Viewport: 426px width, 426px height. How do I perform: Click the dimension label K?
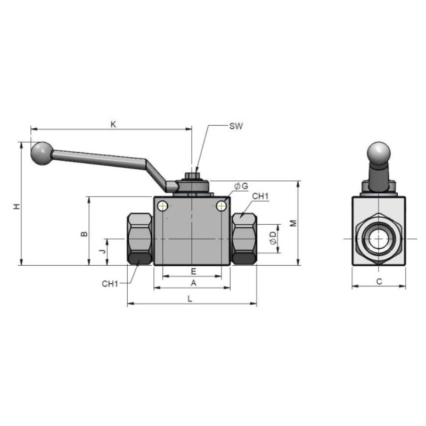click(113, 125)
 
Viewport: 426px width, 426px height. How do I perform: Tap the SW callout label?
click(236, 126)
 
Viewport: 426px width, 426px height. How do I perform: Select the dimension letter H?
click(17, 206)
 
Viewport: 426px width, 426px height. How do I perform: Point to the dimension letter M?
click(293, 223)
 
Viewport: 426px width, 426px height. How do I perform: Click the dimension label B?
click(85, 234)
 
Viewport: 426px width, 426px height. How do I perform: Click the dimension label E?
click(193, 271)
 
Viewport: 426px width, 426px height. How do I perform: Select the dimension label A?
click(193, 283)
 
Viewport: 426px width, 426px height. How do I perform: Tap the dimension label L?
click(190, 299)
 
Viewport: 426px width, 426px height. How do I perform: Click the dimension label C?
click(379, 282)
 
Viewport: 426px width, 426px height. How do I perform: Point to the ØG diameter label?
click(241, 186)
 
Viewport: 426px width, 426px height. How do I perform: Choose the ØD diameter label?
click(273, 238)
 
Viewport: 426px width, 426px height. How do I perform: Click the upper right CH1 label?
click(260, 196)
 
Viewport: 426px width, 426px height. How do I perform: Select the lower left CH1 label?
click(110, 284)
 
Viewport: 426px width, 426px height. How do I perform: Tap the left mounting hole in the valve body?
click(163, 206)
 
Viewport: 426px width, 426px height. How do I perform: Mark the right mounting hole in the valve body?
click(222, 206)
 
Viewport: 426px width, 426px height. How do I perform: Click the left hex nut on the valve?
click(140, 239)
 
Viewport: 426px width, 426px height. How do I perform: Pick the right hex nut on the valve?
click(244, 239)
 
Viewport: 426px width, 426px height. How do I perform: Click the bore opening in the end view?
click(379, 239)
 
